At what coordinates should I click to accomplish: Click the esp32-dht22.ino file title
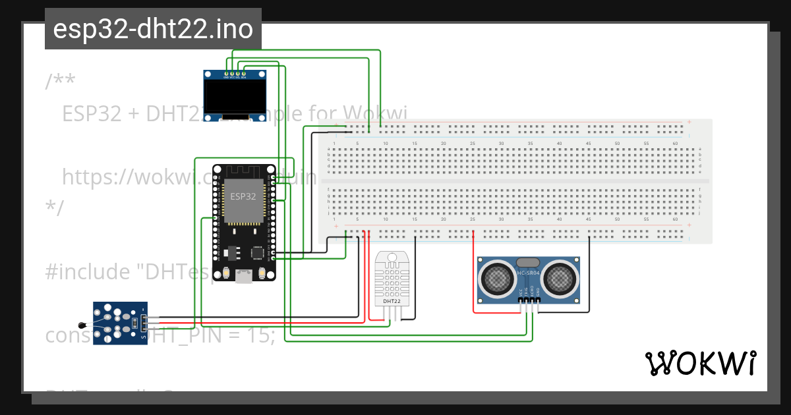point(153,29)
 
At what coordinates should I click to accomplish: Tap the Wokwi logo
point(700,363)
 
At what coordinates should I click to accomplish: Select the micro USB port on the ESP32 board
point(244,277)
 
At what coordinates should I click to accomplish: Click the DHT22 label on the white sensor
point(392,301)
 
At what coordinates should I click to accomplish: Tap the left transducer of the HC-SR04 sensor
point(496,278)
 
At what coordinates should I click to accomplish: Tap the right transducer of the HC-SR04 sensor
point(560,278)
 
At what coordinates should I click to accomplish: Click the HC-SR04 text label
point(528,273)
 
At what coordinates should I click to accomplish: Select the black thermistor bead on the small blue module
point(82,324)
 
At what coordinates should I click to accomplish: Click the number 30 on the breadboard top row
point(501,143)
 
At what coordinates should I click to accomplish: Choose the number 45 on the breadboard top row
point(588,143)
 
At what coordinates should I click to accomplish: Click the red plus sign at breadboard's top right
point(689,122)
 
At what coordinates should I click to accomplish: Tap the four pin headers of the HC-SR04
point(529,300)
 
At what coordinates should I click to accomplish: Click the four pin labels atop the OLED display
point(235,77)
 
